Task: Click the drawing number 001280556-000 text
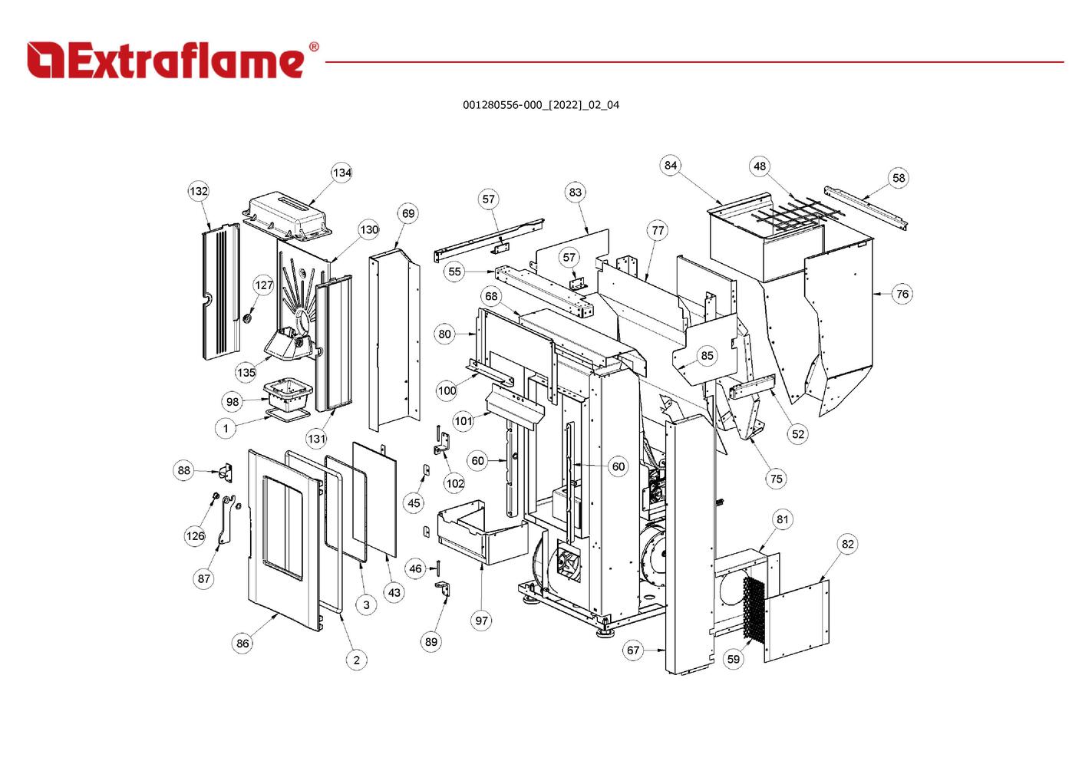tap(540, 105)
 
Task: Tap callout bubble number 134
tap(341, 173)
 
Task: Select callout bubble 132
tap(199, 191)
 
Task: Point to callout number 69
tap(408, 213)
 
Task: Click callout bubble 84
tap(671, 165)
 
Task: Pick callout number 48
tap(759, 166)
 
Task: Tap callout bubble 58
tap(899, 178)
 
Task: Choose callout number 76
tap(902, 294)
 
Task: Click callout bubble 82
tap(847, 544)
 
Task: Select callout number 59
tap(734, 659)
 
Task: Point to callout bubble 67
tap(632, 650)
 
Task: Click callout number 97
tap(481, 621)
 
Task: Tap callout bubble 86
tap(242, 644)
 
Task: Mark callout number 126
tap(195, 535)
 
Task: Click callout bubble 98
tap(233, 401)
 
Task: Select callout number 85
tap(707, 355)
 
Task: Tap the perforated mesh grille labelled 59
tap(754, 610)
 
